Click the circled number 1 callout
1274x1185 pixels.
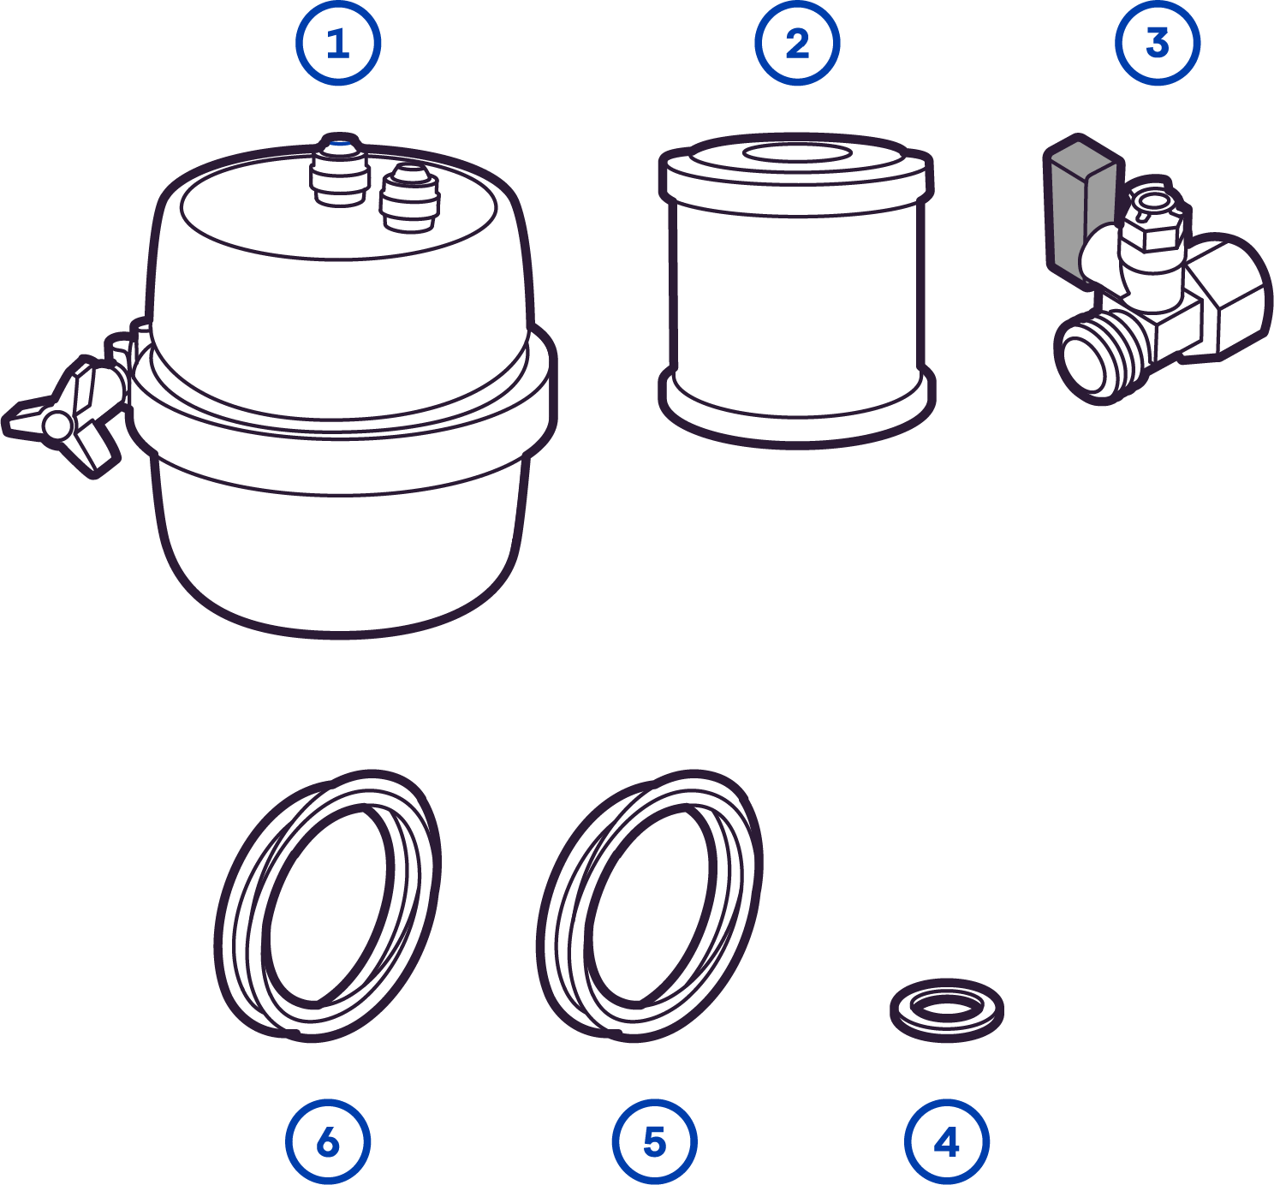[338, 44]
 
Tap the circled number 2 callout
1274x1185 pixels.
[797, 44]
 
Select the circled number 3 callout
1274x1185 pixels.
[1158, 44]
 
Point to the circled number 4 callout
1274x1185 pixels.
[946, 1141]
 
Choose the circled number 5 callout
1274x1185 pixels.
[654, 1141]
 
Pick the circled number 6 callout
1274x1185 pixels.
[328, 1141]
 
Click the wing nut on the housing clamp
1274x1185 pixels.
[64, 417]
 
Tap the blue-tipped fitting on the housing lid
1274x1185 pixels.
[340, 170]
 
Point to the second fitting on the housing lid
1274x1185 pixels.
[410, 197]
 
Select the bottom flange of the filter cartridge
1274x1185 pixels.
[797, 411]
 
